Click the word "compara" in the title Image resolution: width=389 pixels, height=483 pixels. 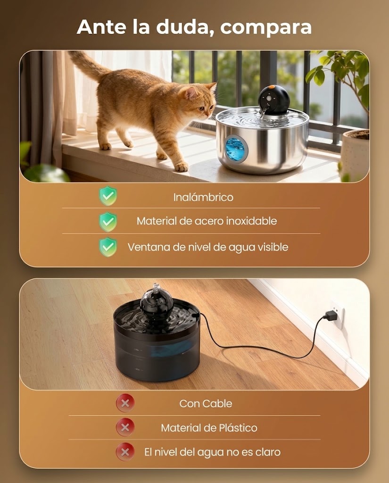pos(266,27)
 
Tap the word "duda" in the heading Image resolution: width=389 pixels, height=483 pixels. pos(185,27)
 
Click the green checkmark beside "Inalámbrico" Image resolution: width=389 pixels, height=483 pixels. pos(108,196)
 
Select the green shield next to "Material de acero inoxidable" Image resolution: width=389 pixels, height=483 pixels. pos(108,222)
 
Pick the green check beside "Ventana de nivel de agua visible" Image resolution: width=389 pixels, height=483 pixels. pos(108,247)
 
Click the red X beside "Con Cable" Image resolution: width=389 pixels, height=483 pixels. pos(125,403)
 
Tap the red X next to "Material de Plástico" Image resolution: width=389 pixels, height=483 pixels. pos(125,427)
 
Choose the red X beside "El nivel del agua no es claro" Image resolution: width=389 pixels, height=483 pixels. pos(125,452)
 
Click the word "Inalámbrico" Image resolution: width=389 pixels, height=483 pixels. pos(203,197)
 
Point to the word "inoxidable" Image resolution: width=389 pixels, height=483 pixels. pos(251,221)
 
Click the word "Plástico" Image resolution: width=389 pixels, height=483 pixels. pos(238,427)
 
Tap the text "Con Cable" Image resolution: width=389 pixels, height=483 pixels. pos(206,404)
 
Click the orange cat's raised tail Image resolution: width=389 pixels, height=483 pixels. pos(88,66)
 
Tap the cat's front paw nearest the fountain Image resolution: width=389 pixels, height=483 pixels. pos(181,167)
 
